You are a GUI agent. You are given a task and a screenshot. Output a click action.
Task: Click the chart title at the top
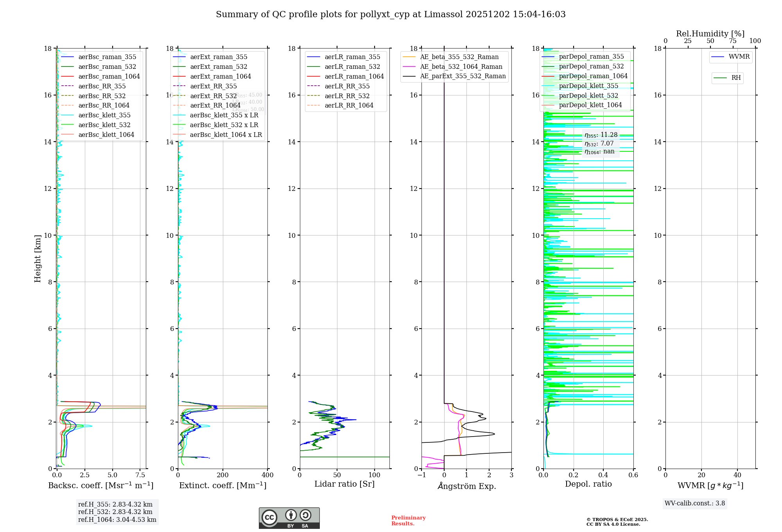391,14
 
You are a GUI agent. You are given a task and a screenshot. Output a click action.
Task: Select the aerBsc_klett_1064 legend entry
106,135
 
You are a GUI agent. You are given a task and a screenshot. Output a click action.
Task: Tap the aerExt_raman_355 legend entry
219,57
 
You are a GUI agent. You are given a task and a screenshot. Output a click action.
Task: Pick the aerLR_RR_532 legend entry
347,96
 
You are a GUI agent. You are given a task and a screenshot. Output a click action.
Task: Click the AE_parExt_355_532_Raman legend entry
463,76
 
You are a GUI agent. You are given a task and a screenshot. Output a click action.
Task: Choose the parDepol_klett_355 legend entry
588,86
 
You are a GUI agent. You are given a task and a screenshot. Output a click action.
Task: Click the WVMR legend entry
739,57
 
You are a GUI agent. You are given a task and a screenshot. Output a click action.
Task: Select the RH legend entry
736,78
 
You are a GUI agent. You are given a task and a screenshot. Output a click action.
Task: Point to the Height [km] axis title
38,258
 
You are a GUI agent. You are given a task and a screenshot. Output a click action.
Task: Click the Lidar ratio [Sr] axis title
344,484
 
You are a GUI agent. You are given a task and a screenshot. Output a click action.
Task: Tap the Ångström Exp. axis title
466,486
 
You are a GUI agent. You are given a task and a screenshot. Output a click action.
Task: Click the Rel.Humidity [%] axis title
710,34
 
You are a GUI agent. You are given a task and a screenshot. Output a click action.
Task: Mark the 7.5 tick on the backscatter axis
140,475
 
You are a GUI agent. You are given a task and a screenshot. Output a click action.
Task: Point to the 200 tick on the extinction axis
223,475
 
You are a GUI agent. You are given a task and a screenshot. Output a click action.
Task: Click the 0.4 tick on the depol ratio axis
603,475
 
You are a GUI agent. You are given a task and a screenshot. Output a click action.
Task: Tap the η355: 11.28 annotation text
601,135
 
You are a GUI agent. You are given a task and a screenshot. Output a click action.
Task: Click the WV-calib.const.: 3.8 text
695,503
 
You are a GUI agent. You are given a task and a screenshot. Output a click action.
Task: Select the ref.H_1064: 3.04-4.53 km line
117,520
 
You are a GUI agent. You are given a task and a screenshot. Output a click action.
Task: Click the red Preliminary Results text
408,521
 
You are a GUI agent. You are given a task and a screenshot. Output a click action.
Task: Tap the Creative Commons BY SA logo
289,518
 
